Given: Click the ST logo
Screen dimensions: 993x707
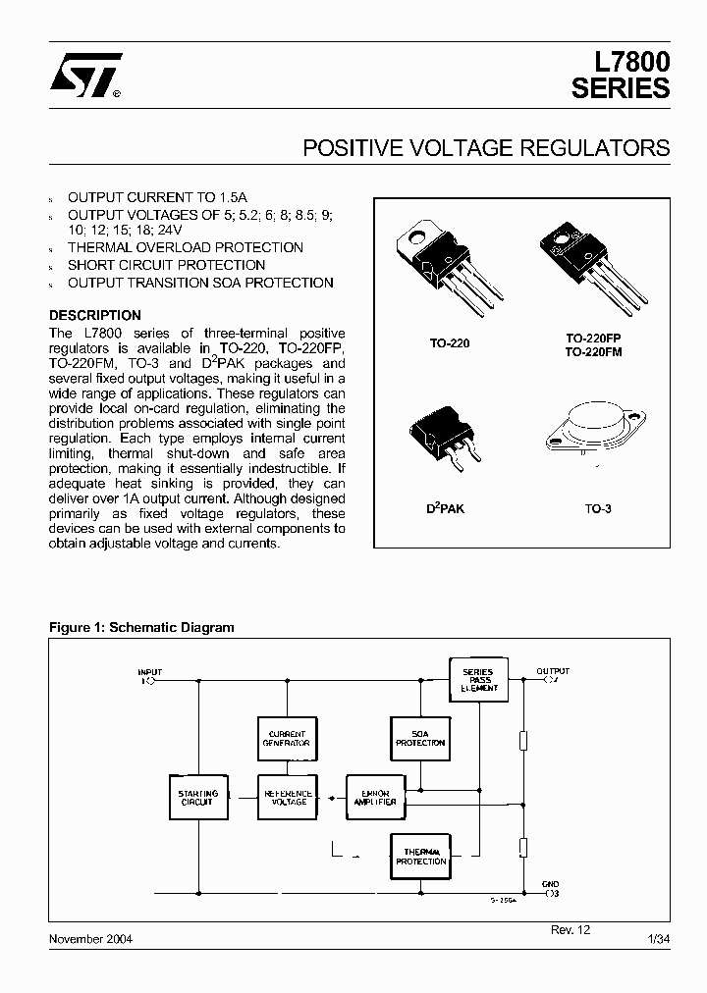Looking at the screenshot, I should coord(86,75).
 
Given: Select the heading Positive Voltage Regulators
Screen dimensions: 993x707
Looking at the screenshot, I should coord(486,148).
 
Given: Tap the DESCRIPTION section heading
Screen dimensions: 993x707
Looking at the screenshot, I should coord(95,315).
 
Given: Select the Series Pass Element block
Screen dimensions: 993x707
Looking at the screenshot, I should coord(478,680).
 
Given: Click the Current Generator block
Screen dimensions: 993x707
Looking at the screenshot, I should coord(288,738).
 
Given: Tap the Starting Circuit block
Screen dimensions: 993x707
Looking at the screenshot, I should coord(196,797).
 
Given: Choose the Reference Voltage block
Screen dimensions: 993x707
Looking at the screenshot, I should coord(288,797).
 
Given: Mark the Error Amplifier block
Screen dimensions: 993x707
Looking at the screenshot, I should coord(375,797).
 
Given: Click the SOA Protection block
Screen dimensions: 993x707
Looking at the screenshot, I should coord(420,738).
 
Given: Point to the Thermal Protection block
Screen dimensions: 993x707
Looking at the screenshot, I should coord(420,856).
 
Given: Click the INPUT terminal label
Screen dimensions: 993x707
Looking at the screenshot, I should coord(150,672).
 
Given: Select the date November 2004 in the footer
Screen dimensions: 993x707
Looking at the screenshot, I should coord(91,939).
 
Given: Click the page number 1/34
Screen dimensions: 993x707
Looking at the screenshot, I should coord(659,939).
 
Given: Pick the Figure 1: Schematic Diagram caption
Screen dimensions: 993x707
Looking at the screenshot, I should coord(142,627).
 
